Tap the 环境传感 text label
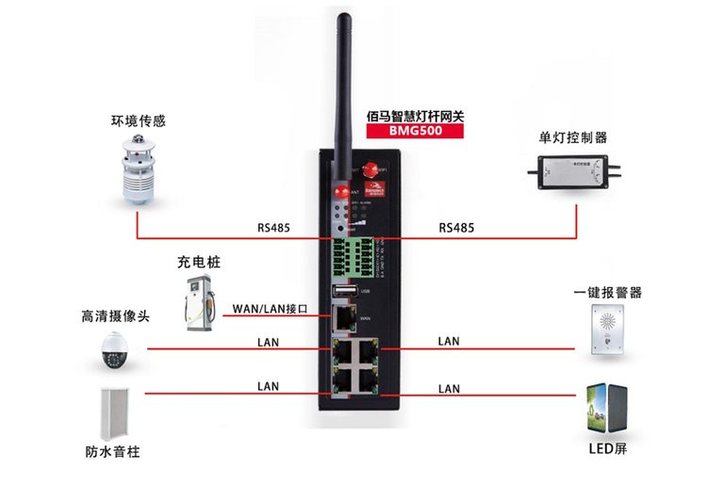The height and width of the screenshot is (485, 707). point(138,121)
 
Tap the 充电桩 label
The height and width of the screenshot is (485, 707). point(197,261)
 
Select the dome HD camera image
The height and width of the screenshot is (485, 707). point(112,351)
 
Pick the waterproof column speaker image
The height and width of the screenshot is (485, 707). point(112,412)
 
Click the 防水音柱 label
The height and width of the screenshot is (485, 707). point(112,451)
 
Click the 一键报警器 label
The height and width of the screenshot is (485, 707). point(606,293)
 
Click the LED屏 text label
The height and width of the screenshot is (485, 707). point(605,449)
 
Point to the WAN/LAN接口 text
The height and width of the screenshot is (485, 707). point(270,308)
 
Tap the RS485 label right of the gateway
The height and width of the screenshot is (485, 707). point(456,228)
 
